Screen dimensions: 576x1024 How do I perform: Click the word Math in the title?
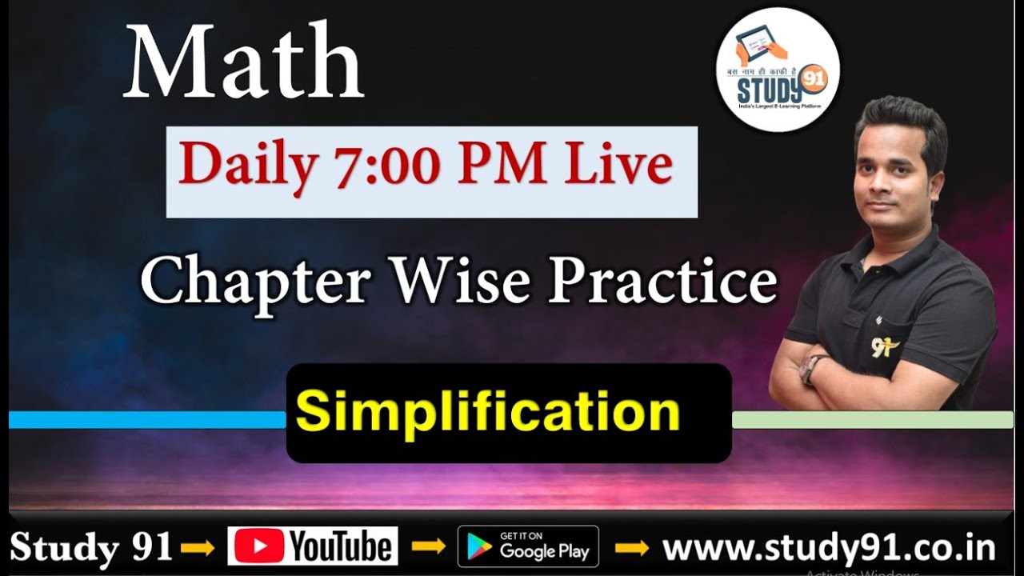click(x=244, y=63)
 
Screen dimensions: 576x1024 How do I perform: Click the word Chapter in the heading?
click(x=256, y=282)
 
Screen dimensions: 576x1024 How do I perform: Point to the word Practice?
click(x=662, y=282)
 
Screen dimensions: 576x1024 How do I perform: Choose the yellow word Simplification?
click(x=487, y=413)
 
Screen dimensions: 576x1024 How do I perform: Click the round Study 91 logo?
click(x=777, y=70)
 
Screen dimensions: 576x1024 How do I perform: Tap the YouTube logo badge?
click(x=313, y=546)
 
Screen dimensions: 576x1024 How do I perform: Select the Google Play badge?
click(x=528, y=546)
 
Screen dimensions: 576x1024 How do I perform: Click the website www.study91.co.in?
click(x=829, y=548)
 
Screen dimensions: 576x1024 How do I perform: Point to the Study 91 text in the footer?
click(x=91, y=548)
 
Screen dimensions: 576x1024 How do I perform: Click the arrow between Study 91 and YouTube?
click(x=198, y=548)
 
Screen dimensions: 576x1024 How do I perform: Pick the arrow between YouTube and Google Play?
click(x=427, y=548)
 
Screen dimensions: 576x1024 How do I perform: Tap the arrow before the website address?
click(x=631, y=548)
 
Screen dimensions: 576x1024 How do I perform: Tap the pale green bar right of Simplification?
click(x=872, y=420)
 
